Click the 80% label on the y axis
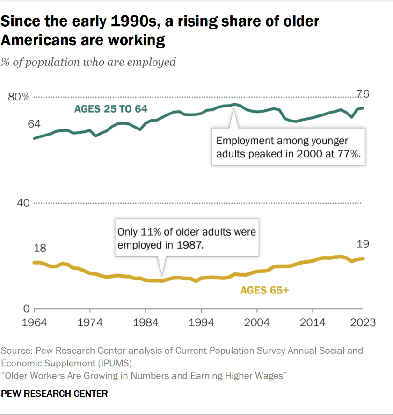tap(19, 97)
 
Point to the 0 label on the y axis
tap(27, 309)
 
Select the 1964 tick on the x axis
tap(34, 322)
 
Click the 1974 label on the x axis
tap(90, 322)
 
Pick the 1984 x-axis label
tap(146, 322)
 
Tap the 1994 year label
tap(201, 322)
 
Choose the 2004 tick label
tap(257, 322)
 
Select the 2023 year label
tap(363, 322)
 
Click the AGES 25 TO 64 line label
tap(111, 109)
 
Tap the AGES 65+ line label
tap(265, 290)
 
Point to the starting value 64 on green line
tap(34, 124)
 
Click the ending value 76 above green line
tap(363, 94)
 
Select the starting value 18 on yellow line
tap(34, 248)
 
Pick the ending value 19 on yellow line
tap(363, 243)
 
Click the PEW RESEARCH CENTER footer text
tap(54, 394)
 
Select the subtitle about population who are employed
tap(89, 62)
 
